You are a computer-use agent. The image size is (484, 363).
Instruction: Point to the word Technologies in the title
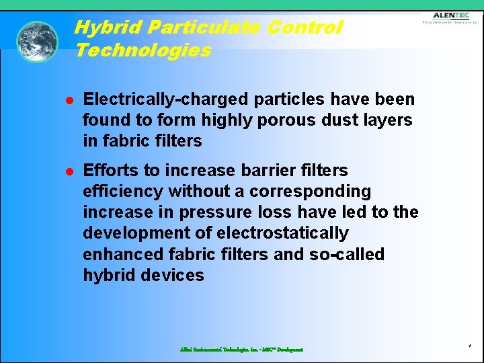[x=143, y=50]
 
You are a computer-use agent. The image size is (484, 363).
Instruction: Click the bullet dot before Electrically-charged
[x=69, y=100]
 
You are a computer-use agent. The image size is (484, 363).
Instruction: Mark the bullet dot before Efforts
[x=69, y=171]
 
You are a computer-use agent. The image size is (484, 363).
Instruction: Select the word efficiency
[x=122, y=192]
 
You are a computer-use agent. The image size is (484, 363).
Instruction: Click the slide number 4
[x=469, y=346]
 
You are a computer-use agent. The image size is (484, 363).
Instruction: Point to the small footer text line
[x=241, y=350]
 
